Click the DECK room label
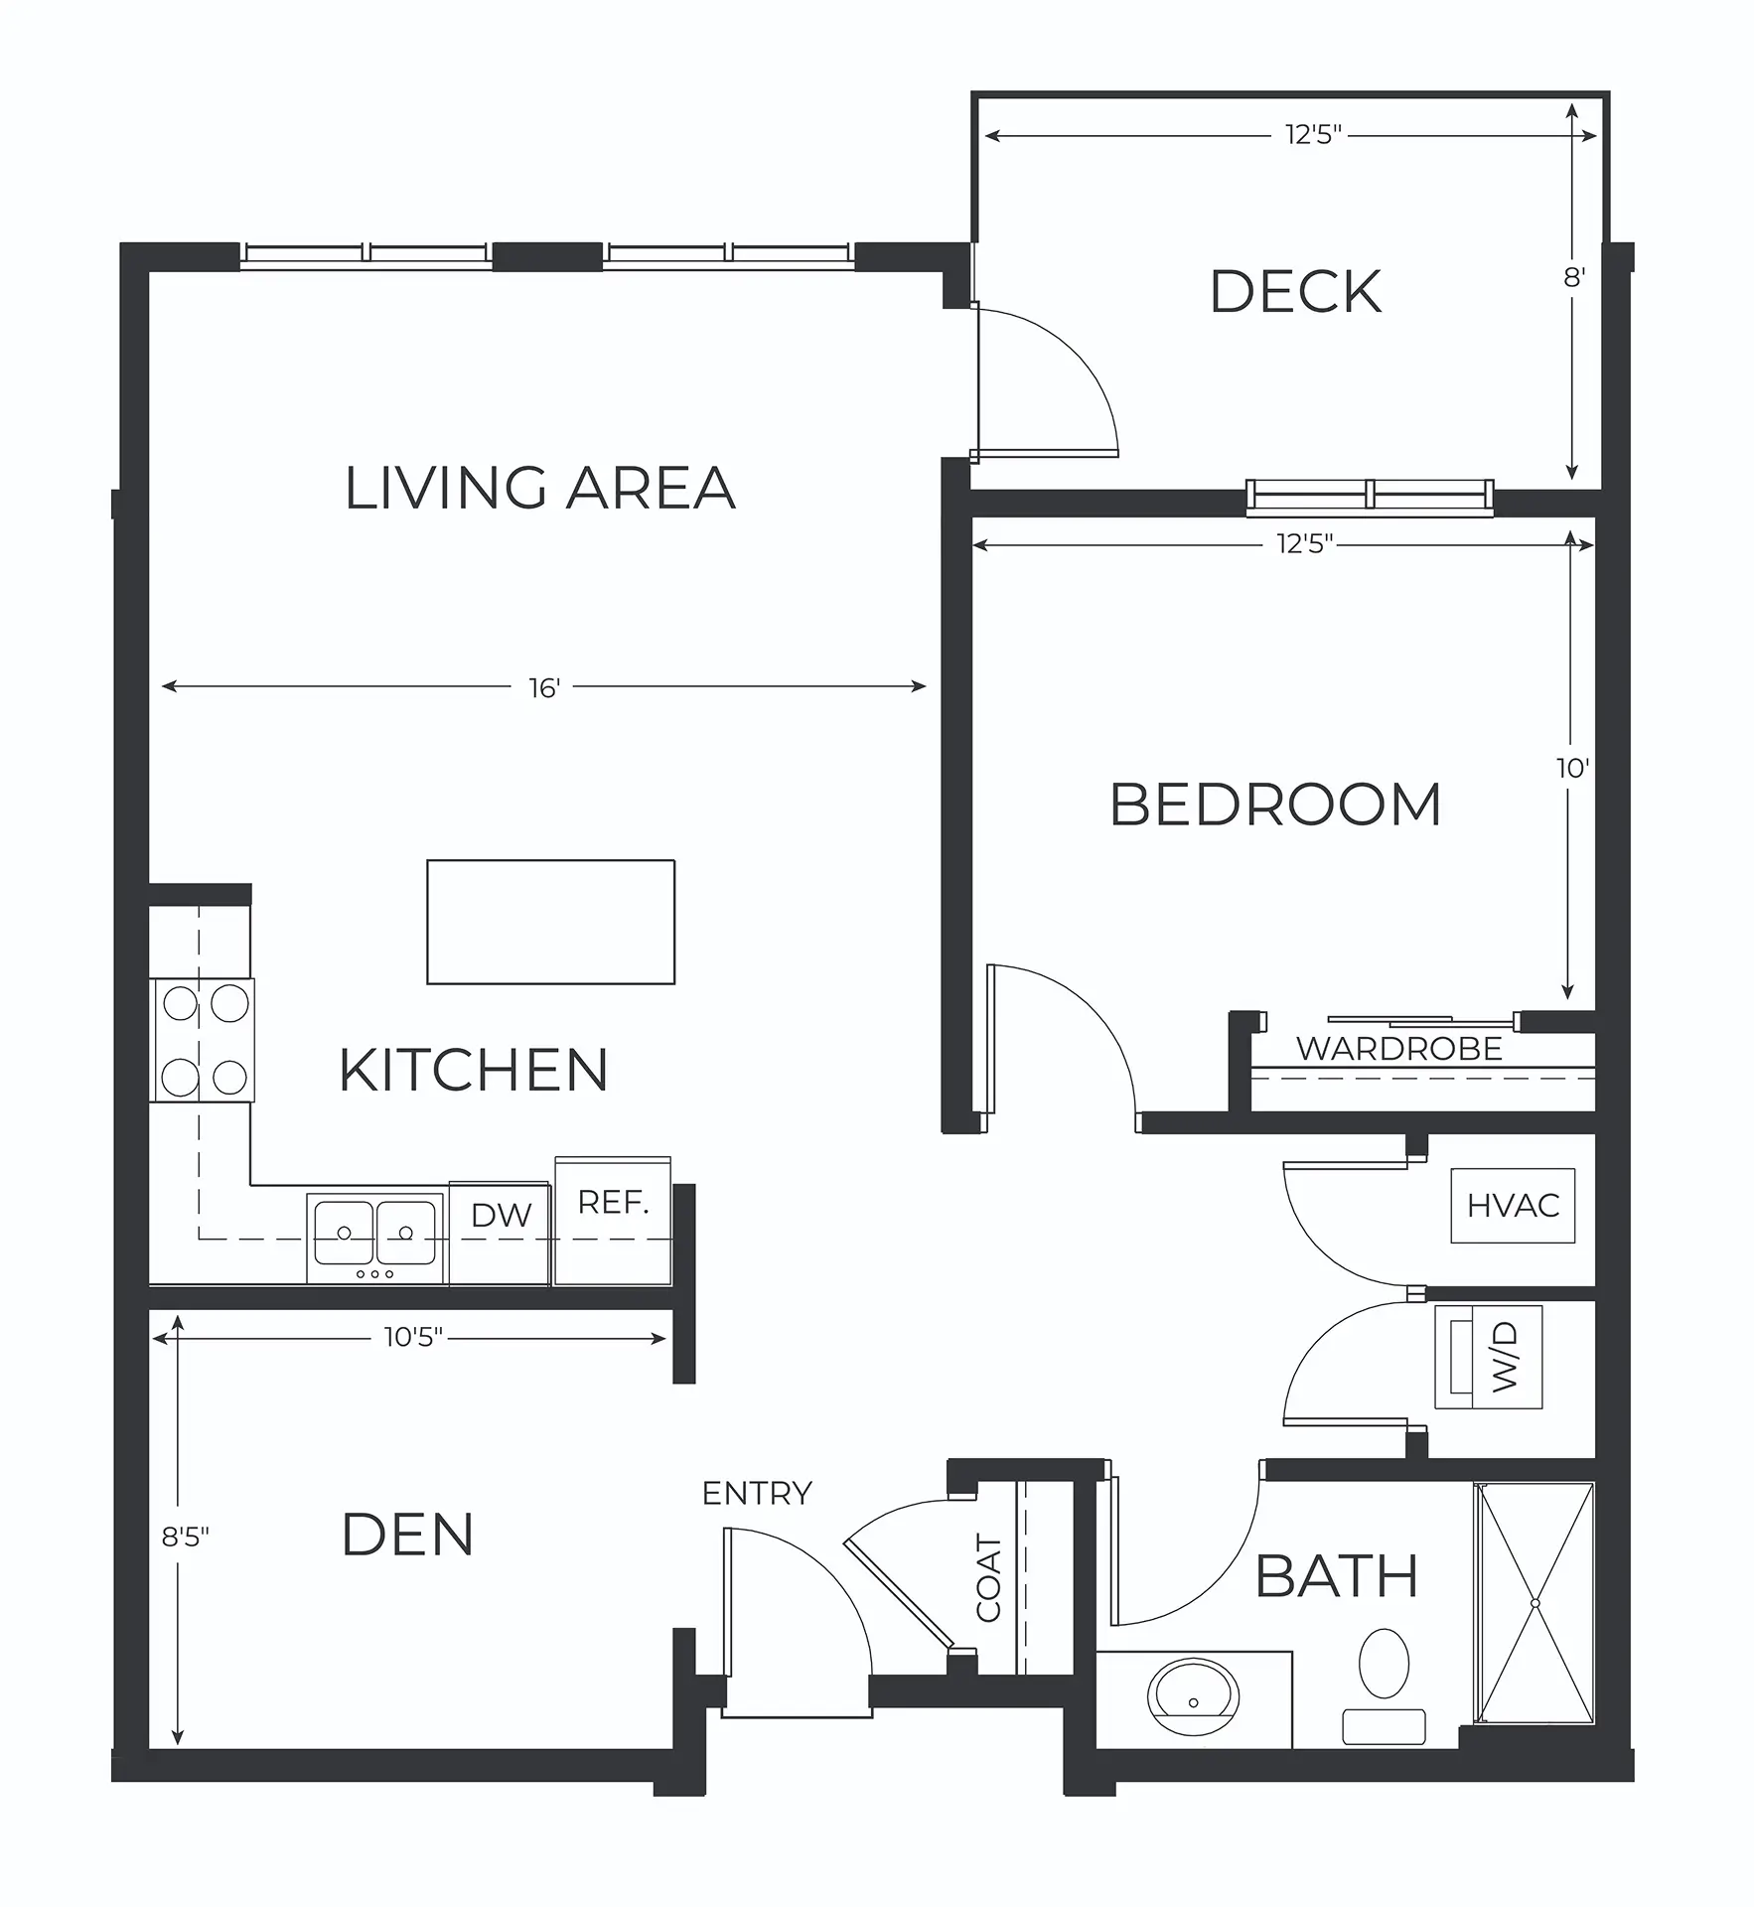pyautogui.click(x=1295, y=292)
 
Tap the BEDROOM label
pyautogui.click(x=1275, y=805)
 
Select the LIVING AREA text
pyautogui.click(x=540, y=488)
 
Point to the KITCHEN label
pyautogui.click(x=474, y=1070)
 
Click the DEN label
pyautogui.click(x=407, y=1535)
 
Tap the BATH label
pyautogui.click(x=1336, y=1576)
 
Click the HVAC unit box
pyautogui.click(x=1513, y=1206)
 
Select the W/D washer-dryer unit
pyautogui.click(x=1489, y=1357)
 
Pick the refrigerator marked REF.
pyautogui.click(x=613, y=1221)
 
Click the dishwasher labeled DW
pyautogui.click(x=500, y=1234)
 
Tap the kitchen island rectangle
pyautogui.click(x=551, y=922)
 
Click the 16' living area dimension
pyautogui.click(x=544, y=686)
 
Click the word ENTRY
pyautogui.click(x=757, y=1493)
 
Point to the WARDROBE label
pyautogui.click(x=1398, y=1049)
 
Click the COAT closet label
pyautogui.click(x=989, y=1578)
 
